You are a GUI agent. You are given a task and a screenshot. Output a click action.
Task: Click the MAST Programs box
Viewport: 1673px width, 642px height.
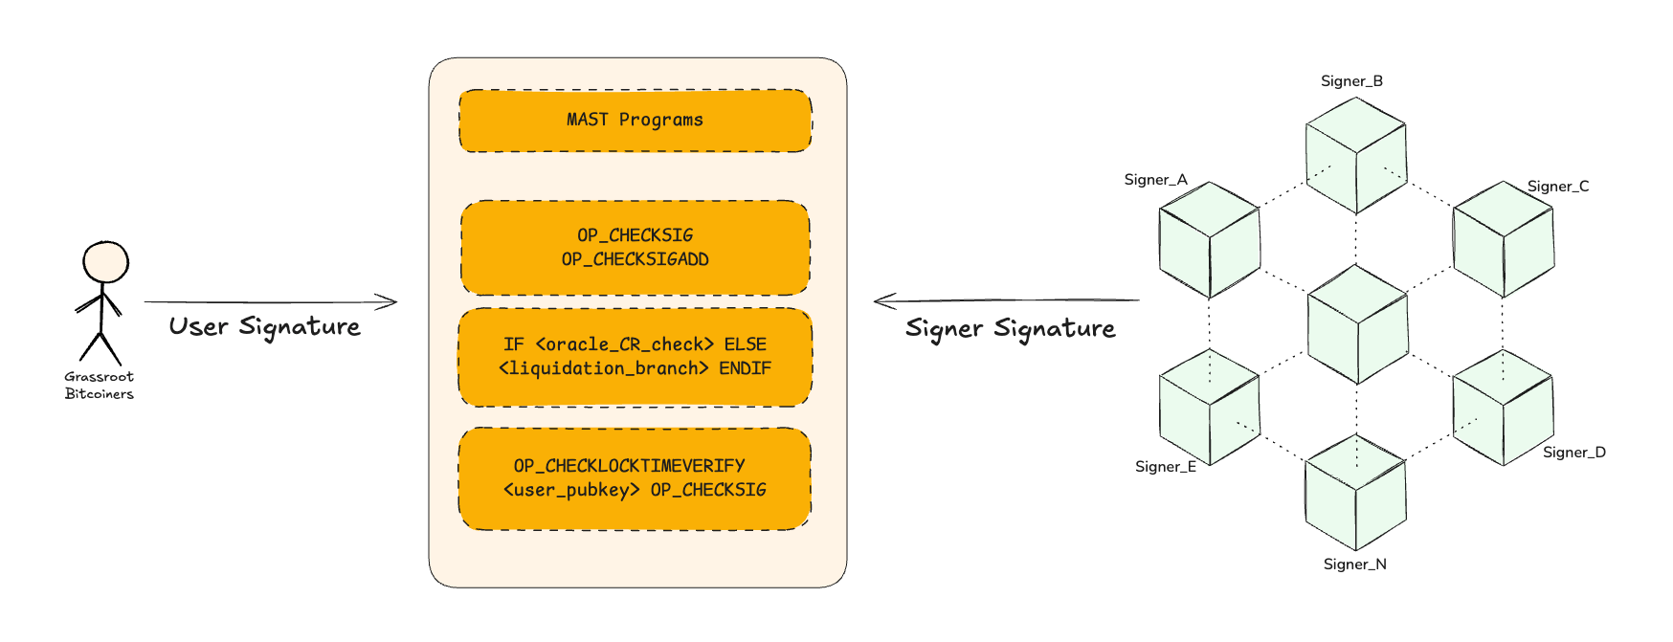point(635,121)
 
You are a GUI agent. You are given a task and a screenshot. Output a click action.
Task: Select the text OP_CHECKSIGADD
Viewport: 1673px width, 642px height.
point(635,259)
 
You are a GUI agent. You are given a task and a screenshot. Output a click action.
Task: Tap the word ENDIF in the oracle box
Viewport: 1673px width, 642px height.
point(745,368)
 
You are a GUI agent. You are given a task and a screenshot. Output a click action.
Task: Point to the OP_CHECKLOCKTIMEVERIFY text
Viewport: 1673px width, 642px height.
point(629,466)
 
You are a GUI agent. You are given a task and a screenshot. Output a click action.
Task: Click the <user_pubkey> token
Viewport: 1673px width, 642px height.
point(571,490)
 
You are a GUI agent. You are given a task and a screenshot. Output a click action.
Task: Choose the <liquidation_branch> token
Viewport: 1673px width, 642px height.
point(604,368)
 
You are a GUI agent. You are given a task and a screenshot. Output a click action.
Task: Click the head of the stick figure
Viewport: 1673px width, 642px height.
point(105,261)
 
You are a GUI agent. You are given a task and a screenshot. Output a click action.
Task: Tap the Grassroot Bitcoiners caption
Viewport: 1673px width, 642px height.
point(99,386)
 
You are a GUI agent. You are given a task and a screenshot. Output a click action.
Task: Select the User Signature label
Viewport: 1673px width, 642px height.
point(264,327)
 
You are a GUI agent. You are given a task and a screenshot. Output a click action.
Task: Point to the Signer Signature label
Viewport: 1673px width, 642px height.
point(1010,329)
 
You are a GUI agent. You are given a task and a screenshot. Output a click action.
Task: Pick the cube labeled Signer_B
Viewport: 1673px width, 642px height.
point(1355,155)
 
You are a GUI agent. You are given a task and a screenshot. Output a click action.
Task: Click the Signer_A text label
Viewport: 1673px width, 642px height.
point(1155,180)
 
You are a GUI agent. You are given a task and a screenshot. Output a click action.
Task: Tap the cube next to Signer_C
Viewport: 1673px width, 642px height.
point(1503,239)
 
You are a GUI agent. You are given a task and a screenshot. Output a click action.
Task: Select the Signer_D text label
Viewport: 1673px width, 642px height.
point(1573,453)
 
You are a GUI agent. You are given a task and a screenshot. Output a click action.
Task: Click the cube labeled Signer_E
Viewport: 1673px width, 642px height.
point(1209,408)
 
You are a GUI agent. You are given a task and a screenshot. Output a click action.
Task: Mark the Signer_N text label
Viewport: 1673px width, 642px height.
point(1354,565)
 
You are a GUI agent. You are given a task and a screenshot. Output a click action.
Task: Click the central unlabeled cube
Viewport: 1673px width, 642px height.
point(1356,325)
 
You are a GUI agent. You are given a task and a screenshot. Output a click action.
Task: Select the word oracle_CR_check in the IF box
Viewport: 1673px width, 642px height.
point(625,344)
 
